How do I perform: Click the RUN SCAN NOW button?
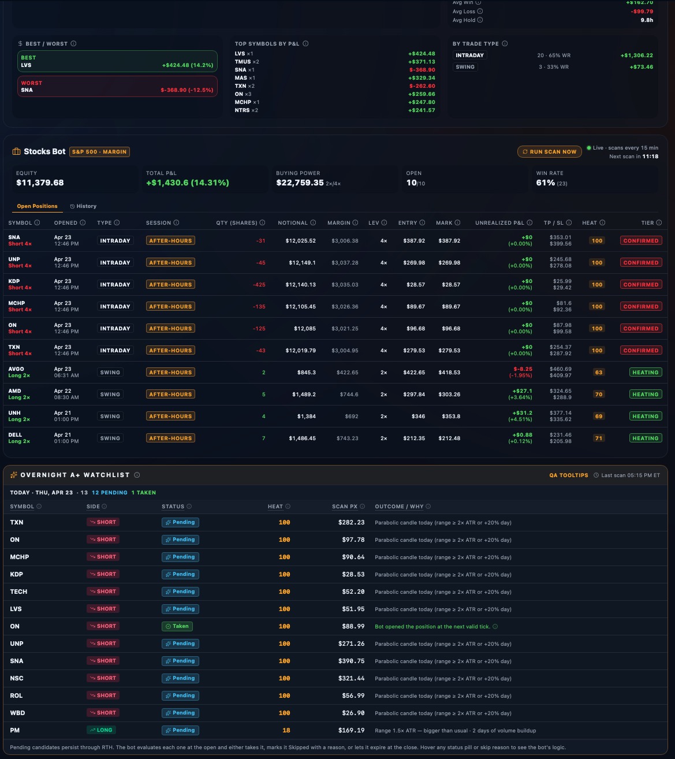(x=549, y=152)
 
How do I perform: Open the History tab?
(x=83, y=206)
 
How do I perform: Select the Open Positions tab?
(x=37, y=206)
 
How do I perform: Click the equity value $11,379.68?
(x=40, y=183)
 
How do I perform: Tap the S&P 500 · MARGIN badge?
(x=99, y=152)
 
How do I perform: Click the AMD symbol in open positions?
(x=14, y=391)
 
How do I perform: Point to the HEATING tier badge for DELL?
(x=645, y=438)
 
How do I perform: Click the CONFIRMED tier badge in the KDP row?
(x=640, y=285)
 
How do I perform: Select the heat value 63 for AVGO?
(x=598, y=373)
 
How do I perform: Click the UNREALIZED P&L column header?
(x=499, y=223)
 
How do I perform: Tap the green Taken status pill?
(x=177, y=626)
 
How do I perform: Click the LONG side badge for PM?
(x=102, y=730)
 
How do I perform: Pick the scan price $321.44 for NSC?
(x=351, y=678)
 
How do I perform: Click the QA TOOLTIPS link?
(x=568, y=475)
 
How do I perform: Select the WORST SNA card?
(x=117, y=87)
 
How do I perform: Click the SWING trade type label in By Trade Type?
(x=465, y=67)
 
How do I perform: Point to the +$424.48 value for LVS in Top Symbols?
(x=422, y=54)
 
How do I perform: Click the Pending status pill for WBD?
(x=180, y=713)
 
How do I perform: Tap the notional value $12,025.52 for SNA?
(x=300, y=241)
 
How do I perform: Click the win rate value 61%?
(x=545, y=183)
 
